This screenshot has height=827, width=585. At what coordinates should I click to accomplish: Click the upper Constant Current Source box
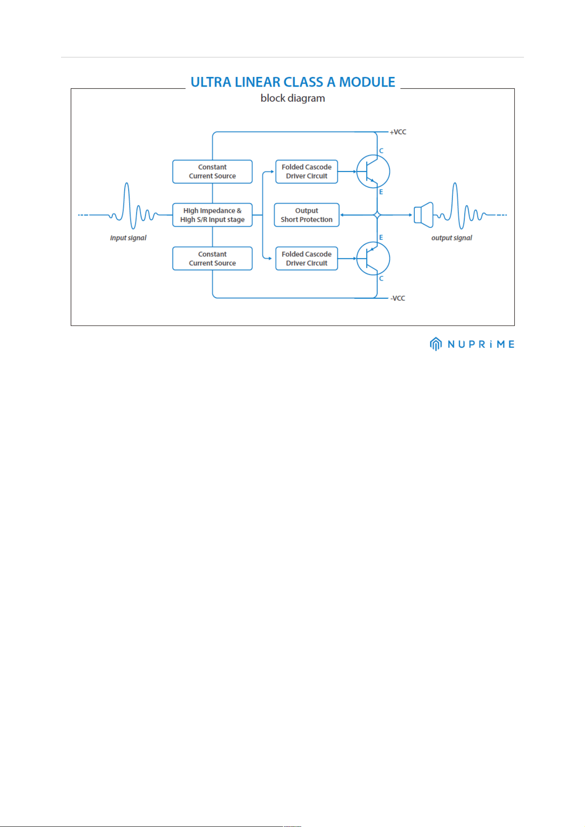tap(212, 171)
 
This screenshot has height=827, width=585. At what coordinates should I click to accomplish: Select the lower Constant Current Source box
tap(212, 258)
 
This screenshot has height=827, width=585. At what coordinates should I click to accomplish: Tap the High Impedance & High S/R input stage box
tap(212, 215)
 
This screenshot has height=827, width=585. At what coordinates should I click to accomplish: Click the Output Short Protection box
tap(306, 215)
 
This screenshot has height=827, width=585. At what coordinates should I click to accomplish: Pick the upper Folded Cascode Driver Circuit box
tap(306, 171)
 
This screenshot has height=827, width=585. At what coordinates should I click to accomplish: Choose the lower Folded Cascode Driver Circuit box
tap(306, 258)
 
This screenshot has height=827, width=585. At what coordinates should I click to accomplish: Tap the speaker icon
tap(423, 215)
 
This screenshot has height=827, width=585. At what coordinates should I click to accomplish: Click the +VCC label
tap(398, 132)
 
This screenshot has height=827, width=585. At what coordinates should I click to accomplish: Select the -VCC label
tap(398, 298)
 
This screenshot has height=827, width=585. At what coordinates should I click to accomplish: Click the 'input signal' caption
tap(128, 238)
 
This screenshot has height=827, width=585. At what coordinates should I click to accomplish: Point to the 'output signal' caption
tap(451, 238)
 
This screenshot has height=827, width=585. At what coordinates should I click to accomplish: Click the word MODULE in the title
tap(367, 82)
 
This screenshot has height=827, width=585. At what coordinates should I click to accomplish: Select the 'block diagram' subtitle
tap(293, 98)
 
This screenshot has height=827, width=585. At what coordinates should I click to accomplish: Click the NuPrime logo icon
tap(436, 344)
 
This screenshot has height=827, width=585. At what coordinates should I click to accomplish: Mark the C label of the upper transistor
tap(381, 151)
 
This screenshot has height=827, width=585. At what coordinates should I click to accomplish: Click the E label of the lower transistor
tap(381, 237)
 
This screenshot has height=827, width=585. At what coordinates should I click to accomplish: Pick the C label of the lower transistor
tap(381, 278)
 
